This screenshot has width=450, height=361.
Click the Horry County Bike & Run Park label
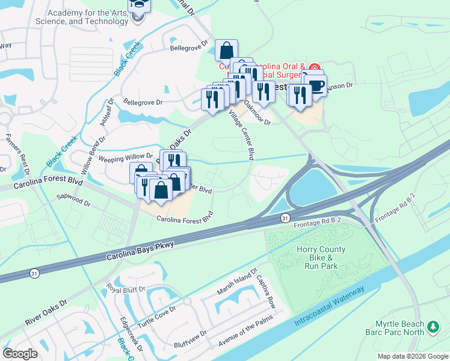point(321,258)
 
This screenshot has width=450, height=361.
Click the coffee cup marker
point(315,86)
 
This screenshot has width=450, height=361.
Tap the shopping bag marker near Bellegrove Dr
point(226,51)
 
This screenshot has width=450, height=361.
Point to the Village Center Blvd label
point(244,137)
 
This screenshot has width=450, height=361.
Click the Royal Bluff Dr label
point(126,289)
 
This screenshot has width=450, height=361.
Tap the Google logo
point(21,354)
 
